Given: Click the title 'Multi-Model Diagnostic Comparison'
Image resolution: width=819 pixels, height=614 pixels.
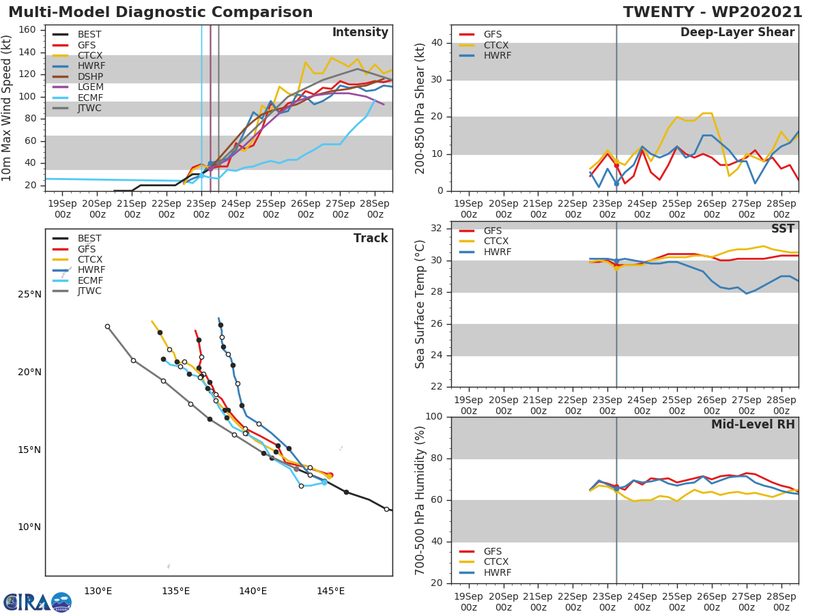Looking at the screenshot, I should click(x=160, y=12).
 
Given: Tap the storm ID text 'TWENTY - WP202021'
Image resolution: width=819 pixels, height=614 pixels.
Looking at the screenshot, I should click(x=713, y=12).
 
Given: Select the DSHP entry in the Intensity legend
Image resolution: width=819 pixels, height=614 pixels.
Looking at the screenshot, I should click(x=89, y=76).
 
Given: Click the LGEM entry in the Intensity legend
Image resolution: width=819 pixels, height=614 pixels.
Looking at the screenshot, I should click(x=89, y=87).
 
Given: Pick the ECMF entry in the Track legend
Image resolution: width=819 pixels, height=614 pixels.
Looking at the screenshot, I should click(x=89, y=280).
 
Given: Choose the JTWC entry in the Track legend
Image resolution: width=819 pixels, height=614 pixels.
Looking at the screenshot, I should click(x=89, y=291).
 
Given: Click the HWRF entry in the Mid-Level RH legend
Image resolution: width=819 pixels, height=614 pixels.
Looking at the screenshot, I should click(x=497, y=572).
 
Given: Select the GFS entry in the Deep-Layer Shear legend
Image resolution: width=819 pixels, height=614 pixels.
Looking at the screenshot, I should click(x=493, y=34).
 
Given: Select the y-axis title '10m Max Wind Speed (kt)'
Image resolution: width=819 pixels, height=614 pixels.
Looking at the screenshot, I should click(x=8, y=108).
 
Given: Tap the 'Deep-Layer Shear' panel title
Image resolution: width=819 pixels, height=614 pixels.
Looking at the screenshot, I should click(x=737, y=33).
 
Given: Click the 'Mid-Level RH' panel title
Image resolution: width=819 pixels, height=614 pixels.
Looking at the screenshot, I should click(x=753, y=425).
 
